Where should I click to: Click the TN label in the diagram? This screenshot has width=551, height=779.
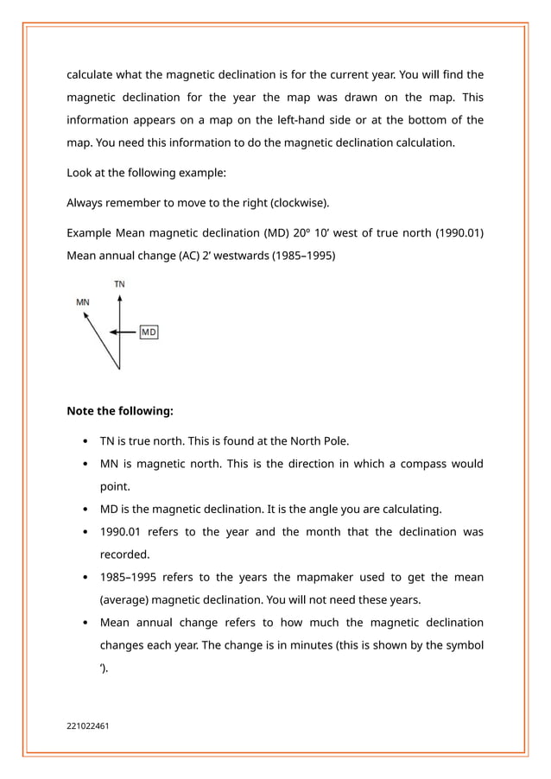pos(120,284)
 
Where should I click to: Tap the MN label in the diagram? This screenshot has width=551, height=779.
pos(83,302)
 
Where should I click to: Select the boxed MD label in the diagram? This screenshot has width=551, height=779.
pos(149,332)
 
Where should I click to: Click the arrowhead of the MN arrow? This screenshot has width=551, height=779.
pos(85,316)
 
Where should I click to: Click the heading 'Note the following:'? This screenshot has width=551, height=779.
pos(120,411)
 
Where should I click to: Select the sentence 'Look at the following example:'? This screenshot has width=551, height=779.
pos(147,173)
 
